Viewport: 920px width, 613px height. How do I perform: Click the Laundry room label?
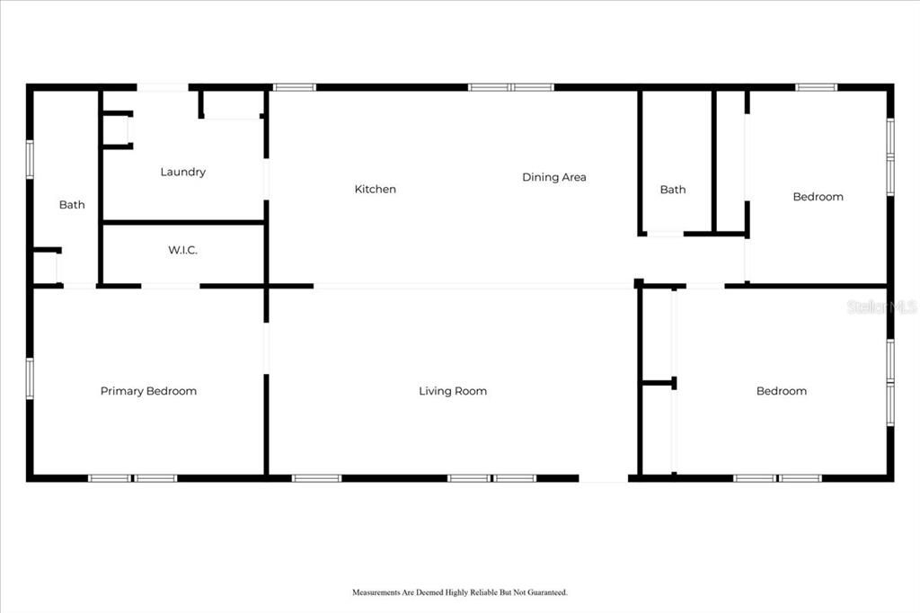pyautogui.click(x=182, y=172)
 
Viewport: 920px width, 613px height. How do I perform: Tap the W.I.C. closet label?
pyautogui.click(x=182, y=250)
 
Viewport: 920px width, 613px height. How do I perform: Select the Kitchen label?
pyautogui.click(x=375, y=189)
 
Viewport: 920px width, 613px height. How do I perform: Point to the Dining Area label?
pyautogui.click(x=553, y=177)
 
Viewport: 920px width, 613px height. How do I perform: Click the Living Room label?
pyautogui.click(x=453, y=391)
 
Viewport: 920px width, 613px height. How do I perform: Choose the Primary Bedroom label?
pyautogui.click(x=148, y=391)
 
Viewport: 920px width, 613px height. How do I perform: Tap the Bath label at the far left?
pyautogui.click(x=72, y=205)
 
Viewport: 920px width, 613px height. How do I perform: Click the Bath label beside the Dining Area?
pyautogui.click(x=672, y=189)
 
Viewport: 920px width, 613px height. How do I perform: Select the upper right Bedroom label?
pyautogui.click(x=818, y=197)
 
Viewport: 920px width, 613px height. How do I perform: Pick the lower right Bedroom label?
pyautogui.click(x=781, y=391)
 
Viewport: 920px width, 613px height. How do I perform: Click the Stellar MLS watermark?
pyautogui.click(x=881, y=306)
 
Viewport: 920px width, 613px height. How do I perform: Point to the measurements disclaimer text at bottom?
pyautogui.click(x=459, y=592)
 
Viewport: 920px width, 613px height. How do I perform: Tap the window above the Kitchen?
pyautogui.click(x=295, y=87)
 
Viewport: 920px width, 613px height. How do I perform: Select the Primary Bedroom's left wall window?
pyautogui.click(x=30, y=378)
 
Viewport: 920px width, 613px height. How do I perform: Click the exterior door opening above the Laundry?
pyautogui.click(x=162, y=87)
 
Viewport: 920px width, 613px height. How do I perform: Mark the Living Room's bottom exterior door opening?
pyautogui.click(x=603, y=478)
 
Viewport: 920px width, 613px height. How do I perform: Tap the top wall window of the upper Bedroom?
pyautogui.click(x=816, y=87)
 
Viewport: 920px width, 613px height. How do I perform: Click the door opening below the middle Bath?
pyautogui.click(x=665, y=235)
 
